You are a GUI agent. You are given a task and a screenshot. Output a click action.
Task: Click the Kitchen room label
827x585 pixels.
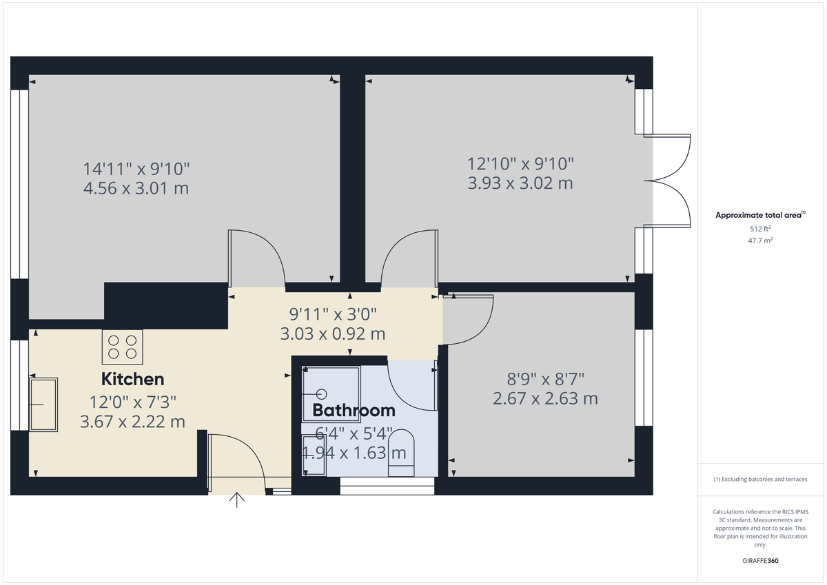tap(133, 379)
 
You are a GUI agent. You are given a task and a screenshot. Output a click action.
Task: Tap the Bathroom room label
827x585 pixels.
tap(354, 411)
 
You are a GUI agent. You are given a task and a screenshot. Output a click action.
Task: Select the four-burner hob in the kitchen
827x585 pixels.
tap(123, 347)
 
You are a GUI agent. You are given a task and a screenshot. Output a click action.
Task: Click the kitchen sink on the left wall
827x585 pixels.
tap(43, 403)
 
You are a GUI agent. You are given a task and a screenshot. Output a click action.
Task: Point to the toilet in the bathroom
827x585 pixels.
tap(402, 454)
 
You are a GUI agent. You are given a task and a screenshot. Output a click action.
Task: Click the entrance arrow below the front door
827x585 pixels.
tap(237, 500)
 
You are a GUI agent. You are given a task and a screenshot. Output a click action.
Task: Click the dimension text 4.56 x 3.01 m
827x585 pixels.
tap(136, 188)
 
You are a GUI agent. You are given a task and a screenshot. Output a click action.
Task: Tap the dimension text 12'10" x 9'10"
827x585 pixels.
tap(520, 164)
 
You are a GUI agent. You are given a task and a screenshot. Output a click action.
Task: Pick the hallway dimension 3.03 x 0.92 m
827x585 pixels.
tap(333, 334)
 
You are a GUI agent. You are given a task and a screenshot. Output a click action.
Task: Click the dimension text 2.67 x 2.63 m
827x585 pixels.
tap(545, 398)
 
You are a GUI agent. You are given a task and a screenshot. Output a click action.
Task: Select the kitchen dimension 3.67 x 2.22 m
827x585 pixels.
tap(132, 422)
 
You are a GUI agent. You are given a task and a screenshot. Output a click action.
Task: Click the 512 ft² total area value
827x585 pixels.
tap(761, 229)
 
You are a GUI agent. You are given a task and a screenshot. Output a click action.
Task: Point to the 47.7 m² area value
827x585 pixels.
tap(761, 240)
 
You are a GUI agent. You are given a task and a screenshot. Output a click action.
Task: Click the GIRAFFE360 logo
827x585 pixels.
tap(761, 561)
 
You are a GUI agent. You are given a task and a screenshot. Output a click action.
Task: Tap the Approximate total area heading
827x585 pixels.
tap(759, 215)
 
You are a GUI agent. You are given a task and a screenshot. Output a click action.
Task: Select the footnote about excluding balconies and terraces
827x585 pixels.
tap(761, 479)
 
